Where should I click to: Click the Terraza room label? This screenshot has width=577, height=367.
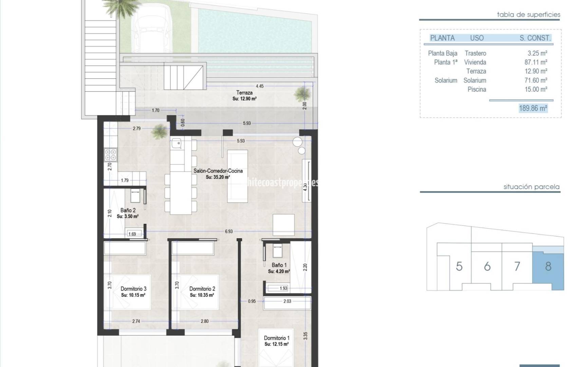[x=244, y=93]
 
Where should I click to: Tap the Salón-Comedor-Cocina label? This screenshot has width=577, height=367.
[x=218, y=171]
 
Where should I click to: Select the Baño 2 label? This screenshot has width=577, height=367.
[x=128, y=210]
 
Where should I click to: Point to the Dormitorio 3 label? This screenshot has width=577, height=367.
[x=133, y=289]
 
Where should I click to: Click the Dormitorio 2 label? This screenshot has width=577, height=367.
[x=202, y=289]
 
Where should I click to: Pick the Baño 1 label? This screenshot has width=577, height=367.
[x=279, y=265]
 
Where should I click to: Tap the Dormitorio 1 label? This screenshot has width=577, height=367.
[x=277, y=338]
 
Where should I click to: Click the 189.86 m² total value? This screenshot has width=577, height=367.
[x=533, y=108]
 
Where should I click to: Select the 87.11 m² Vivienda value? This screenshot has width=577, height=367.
[x=536, y=62]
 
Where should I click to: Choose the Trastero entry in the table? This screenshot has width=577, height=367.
[x=475, y=53]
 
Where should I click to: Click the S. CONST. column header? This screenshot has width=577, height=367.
[x=535, y=38]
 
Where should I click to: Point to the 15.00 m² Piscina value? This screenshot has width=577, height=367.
[x=536, y=89]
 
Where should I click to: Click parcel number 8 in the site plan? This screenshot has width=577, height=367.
[x=548, y=266]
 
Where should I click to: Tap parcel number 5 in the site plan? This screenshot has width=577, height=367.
[x=459, y=266]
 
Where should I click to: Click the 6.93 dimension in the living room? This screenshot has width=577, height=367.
[x=229, y=231]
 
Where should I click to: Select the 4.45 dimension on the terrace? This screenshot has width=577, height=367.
[x=260, y=86]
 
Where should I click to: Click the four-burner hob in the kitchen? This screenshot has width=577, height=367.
[x=111, y=155]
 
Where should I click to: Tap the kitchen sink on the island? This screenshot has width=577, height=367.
[x=176, y=144]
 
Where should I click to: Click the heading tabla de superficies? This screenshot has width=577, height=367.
[x=528, y=15]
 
